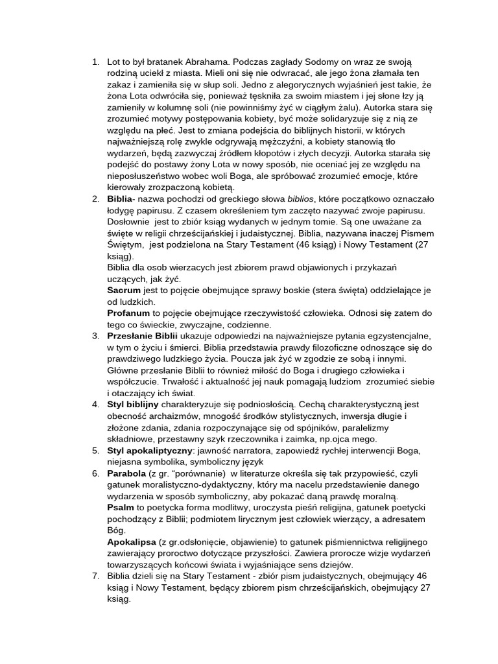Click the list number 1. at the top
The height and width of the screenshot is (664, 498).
pos(95,62)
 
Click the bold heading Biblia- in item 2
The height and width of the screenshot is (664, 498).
pos(121,198)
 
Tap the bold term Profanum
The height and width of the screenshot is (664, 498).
pos(128,313)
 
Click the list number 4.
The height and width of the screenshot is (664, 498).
pos(95,404)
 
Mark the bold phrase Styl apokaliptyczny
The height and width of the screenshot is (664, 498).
pos(149,450)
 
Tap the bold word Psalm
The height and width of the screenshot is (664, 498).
pos(121,507)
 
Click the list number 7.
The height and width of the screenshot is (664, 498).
pos(95,576)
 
